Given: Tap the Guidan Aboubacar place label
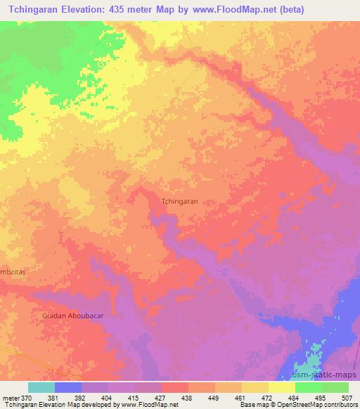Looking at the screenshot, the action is (x=66, y=316).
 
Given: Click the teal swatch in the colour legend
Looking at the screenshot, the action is (x=41, y=387).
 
